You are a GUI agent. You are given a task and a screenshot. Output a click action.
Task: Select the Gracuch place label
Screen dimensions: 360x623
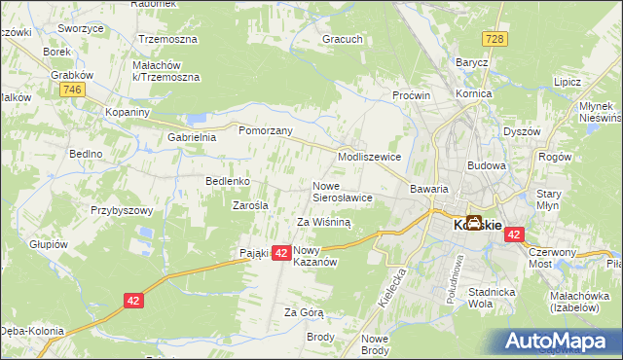pyautogui.click(x=344, y=41)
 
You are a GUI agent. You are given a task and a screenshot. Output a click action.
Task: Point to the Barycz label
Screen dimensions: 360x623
pyautogui.click(x=471, y=62)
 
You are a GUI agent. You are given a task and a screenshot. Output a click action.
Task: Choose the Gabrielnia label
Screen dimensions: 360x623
pyautogui.click(x=192, y=137)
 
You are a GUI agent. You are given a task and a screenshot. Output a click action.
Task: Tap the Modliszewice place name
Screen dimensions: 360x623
pyautogui.click(x=369, y=156)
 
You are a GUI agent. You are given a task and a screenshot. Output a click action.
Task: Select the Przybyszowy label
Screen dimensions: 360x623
pyautogui.click(x=123, y=210)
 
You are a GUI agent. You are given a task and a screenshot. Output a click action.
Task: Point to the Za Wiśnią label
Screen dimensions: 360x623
pyautogui.click(x=323, y=222)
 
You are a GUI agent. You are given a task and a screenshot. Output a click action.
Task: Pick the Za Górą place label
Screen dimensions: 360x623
pyautogui.click(x=304, y=312)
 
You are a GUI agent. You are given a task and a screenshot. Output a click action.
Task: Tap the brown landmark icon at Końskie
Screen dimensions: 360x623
pyautogui.click(x=474, y=223)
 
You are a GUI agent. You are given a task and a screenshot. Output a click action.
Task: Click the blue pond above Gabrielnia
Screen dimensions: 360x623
pyautogui.click(x=198, y=119)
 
